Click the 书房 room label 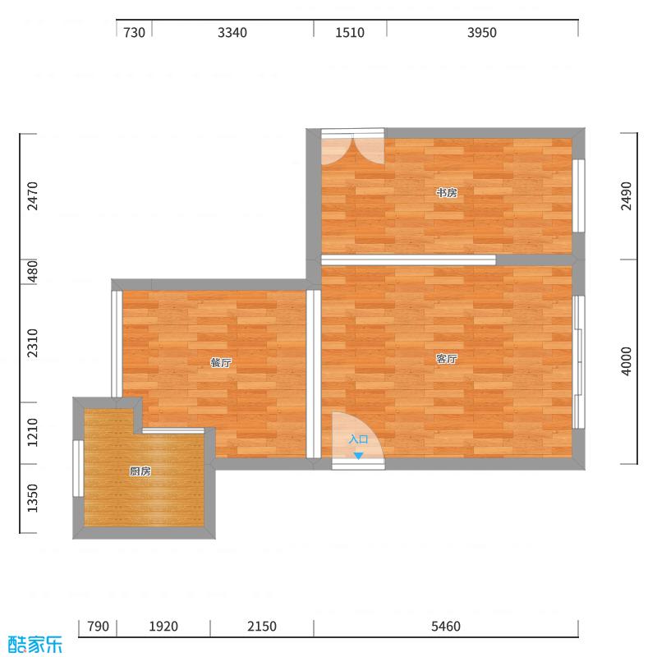[x=446, y=193]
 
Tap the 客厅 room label [x=446, y=359]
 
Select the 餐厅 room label [x=220, y=362]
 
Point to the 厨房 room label [x=140, y=471]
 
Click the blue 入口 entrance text [x=358, y=440]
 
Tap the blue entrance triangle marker [x=357, y=455]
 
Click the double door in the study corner [x=352, y=148]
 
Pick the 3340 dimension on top [x=232, y=33]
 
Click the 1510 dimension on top [x=350, y=33]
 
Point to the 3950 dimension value [x=482, y=33]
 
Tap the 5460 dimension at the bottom [x=446, y=627]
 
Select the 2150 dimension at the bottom [x=262, y=627]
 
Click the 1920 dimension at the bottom [x=163, y=627]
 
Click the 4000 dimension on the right [x=627, y=361]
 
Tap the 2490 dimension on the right [x=627, y=196]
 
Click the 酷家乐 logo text [x=34, y=644]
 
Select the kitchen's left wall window [x=78, y=468]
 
